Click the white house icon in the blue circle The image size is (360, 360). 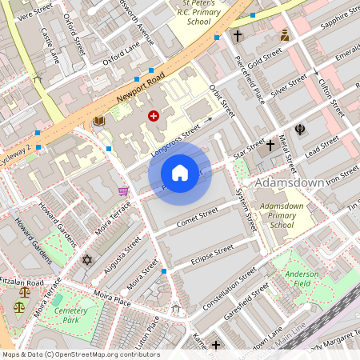click(180, 173)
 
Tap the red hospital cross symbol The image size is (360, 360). click(153, 116)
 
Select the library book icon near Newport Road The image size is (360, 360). click(99, 121)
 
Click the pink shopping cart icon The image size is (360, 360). click(122, 190)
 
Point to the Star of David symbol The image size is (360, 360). click(87, 260)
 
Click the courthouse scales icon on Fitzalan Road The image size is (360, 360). click(19, 306)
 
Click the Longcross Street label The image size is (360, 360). click(174, 138)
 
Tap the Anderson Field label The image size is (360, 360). click(302, 278)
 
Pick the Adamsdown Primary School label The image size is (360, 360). click(277, 215)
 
